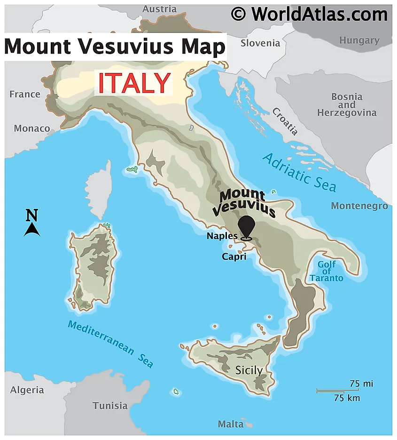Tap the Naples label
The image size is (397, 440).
point(222,236)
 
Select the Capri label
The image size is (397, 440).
point(234,256)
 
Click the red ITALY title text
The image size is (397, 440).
point(133,83)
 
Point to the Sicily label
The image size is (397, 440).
point(249,370)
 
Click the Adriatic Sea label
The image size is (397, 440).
point(299,172)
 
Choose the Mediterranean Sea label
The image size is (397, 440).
point(110,343)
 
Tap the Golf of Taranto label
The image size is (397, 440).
point(327,271)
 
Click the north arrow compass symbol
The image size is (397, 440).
point(31,224)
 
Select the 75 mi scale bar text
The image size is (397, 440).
point(361,384)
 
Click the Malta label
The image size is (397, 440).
point(231,424)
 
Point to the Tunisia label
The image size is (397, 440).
point(110,405)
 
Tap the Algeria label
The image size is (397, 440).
point(27,390)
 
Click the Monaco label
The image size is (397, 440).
point(32,128)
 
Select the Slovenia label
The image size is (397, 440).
point(260,43)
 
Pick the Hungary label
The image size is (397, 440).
point(359,40)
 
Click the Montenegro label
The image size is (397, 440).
point(359,206)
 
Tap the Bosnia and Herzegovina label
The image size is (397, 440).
point(347,104)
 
